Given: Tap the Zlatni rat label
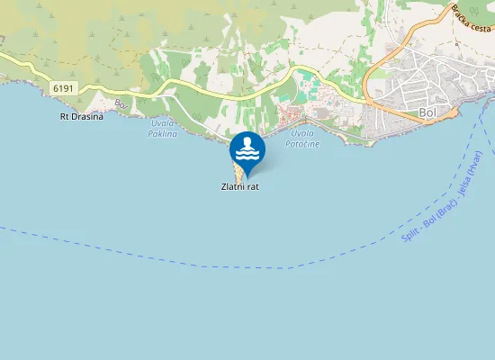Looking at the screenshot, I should coord(240,187).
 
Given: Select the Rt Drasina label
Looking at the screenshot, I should coord(81,116).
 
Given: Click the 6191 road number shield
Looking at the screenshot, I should coord(63,88).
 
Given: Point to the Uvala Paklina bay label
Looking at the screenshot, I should coord(163,129).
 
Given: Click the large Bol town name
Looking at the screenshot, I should coord(428,112).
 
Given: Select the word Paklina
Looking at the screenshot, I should coord(163,134).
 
